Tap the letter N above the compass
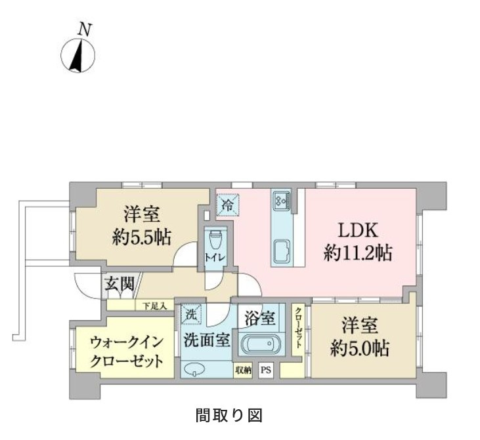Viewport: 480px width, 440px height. pos(84,29)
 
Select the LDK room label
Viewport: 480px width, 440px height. pos(358,231)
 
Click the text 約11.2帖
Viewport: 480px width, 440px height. pos(358,253)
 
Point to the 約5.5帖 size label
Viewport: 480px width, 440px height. pos(141,237)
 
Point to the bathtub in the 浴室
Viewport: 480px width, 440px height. pos(261,344)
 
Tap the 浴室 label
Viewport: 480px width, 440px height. pos(260,318)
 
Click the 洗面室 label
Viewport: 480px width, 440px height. pos(206,340)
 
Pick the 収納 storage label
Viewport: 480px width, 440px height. pos(243,370)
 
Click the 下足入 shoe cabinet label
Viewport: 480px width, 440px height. pos(155,305)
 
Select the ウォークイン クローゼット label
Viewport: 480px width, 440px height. pos(123,351)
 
